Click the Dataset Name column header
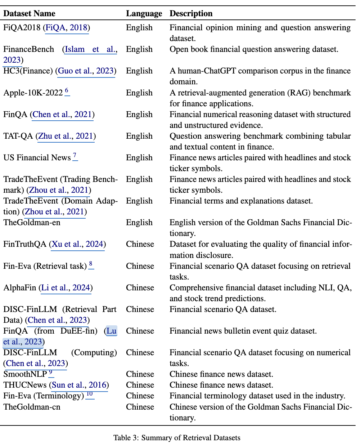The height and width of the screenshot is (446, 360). (x=29, y=14)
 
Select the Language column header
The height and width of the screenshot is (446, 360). (x=144, y=14)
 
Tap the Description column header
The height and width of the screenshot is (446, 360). (x=191, y=14)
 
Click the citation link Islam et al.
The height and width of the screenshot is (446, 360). (x=91, y=49)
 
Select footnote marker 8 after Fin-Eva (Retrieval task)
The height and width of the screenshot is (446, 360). (x=91, y=264)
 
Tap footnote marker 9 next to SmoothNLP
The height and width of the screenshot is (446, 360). (x=51, y=373)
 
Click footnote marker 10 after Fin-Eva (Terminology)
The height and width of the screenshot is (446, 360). (x=90, y=394)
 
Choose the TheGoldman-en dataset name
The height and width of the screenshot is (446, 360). (x=32, y=223)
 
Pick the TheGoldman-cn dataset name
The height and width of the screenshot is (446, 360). (x=32, y=407)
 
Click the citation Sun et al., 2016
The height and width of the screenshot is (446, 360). (x=80, y=385)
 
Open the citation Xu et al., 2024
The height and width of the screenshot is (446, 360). (x=78, y=244)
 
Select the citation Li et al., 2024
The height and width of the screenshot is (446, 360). (x=66, y=287)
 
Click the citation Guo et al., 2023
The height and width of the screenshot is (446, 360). (x=86, y=71)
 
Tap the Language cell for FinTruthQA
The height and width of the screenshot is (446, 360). (x=140, y=244)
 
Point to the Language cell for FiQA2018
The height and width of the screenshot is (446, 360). (x=139, y=28)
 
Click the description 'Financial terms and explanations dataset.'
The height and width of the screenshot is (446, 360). (x=241, y=201)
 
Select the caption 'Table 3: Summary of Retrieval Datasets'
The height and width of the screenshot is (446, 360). (x=177, y=438)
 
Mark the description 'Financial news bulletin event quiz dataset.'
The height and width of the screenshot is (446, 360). (x=243, y=331)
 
